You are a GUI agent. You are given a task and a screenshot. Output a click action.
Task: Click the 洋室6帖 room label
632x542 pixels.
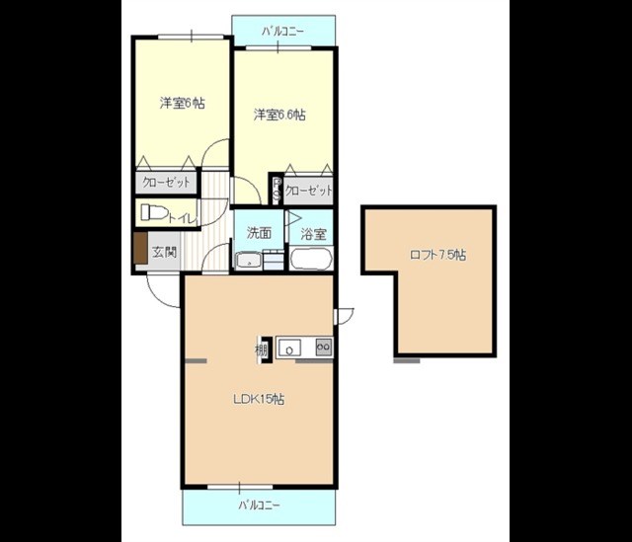click(x=182, y=103)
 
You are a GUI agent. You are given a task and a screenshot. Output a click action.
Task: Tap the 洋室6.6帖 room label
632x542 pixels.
click(x=279, y=115)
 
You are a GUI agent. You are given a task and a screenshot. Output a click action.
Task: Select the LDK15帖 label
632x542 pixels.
click(x=259, y=399)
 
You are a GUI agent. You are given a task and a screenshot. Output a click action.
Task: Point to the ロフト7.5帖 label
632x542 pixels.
click(x=437, y=255)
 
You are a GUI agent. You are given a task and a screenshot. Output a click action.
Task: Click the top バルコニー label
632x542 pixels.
click(x=282, y=31)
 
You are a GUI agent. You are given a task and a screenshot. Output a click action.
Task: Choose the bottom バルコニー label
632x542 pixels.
click(x=259, y=504)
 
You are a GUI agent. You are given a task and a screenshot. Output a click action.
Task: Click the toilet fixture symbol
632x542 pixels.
click(x=154, y=212)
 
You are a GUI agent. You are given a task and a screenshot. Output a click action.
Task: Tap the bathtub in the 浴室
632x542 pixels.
click(x=311, y=259)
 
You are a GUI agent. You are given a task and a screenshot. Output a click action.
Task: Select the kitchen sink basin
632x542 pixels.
click(x=289, y=348)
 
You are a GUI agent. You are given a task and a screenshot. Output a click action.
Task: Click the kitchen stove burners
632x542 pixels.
click(x=324, y=347)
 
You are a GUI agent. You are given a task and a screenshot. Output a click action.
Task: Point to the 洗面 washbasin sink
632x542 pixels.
click(x=249, y=261)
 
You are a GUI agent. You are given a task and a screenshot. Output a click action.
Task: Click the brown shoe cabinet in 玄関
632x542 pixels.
click(x=140, y=248)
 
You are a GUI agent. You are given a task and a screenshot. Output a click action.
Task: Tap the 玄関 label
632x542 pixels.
click(x=165, y=253)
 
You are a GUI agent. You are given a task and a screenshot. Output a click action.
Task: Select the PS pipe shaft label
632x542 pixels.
click(x=276, y=190)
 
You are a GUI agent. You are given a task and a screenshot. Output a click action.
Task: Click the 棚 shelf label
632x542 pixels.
click(x=261, y=350)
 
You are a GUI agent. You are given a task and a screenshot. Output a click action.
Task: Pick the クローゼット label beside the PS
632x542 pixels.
click(x=309, y=191)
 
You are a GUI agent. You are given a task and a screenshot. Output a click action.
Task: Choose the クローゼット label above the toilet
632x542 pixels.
click(x=166, y=183)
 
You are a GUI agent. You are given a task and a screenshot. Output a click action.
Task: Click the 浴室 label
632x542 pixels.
click(x=313, y=234)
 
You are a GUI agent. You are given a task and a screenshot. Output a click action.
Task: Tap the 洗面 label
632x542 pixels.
click(x=259, y=233)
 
